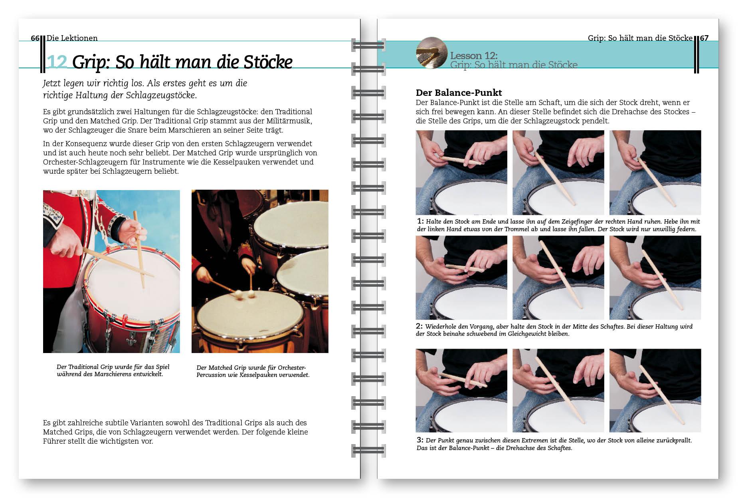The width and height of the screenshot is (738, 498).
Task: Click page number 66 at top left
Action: click(35, 38)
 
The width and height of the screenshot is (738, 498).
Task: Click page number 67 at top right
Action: click(704, 38)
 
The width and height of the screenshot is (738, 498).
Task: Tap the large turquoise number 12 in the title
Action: click(57, 62)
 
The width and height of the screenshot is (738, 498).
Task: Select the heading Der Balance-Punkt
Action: click(459, 93)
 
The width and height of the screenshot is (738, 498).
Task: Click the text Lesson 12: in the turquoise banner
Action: click(474, 56)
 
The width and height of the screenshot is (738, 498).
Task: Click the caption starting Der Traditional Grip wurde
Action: click(113, 370)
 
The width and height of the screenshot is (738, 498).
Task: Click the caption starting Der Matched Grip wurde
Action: click(253, 371)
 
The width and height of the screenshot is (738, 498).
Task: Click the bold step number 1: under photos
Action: click(420, 221)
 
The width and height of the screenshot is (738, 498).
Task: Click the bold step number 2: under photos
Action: click(419, 326)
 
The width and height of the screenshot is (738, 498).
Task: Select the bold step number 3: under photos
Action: click(420, 440)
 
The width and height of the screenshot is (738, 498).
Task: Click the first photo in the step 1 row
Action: click(461, 173)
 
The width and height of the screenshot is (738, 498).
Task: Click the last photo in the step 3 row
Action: click(655, 390)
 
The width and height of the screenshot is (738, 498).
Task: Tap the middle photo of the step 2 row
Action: click(558, 278)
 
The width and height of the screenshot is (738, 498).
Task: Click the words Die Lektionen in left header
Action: click(72, 38)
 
